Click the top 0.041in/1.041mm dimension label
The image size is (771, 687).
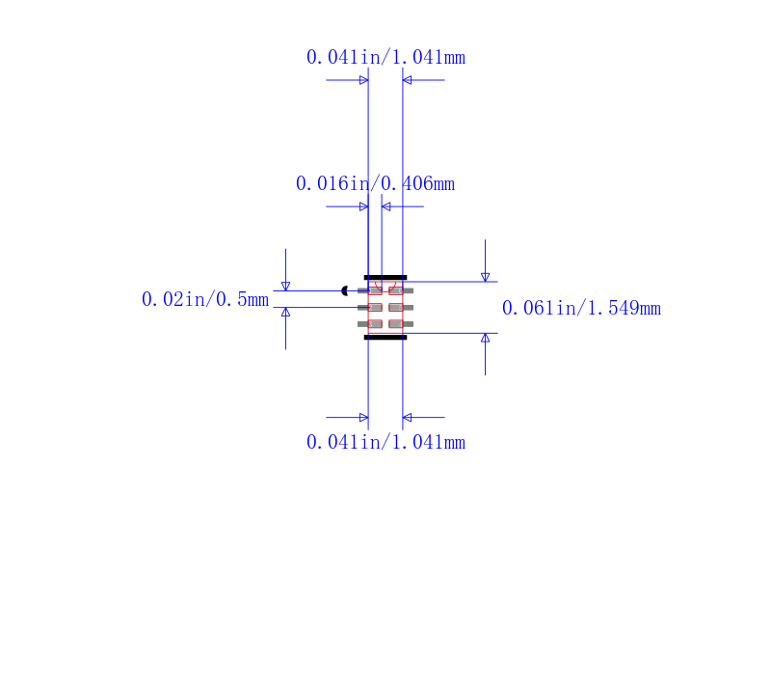tap(385, 57)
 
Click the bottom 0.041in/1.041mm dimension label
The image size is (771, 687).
tap(385, 442)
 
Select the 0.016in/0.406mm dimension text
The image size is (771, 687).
tap(375, 183)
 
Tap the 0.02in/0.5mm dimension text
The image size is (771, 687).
tap(205, 299)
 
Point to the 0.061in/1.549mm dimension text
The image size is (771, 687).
tap(581, 308)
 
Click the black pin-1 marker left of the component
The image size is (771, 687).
tap(345, 290)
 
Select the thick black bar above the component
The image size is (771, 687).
tap(385, 278)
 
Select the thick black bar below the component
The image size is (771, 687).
tap(385, 337)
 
